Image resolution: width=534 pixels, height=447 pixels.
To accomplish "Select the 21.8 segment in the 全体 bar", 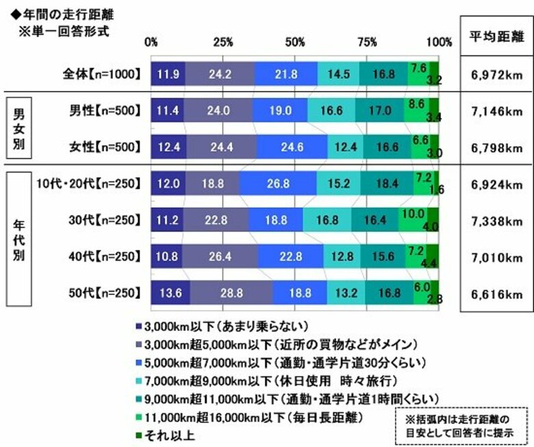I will pos(285,73).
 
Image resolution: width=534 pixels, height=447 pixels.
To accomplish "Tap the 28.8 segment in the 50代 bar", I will pos(231,294).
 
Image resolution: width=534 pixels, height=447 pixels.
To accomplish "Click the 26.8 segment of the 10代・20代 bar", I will pos(278,183).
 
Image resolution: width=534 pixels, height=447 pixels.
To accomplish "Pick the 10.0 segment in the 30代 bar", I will pos(413,220).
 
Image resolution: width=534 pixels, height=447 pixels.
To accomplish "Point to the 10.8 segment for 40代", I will pos(166,257).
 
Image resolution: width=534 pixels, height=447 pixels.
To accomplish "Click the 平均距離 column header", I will pos(496,38).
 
